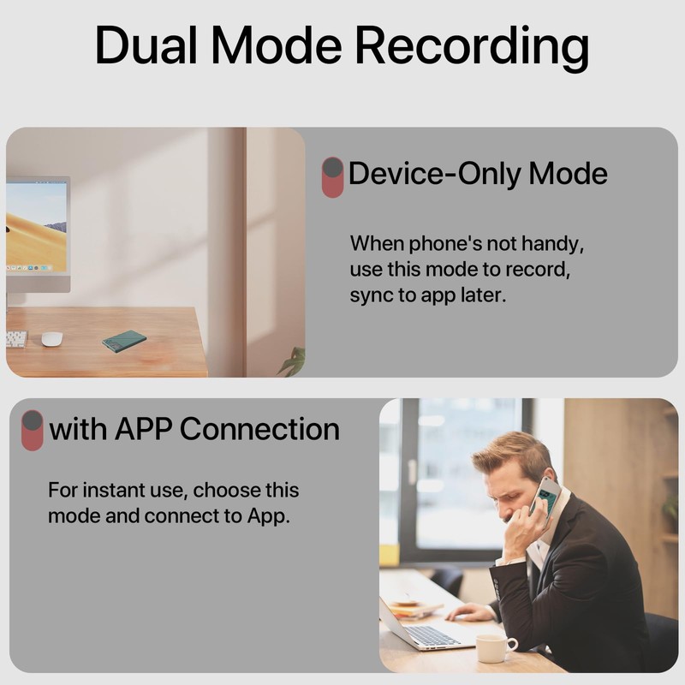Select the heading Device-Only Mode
tap(478, 174)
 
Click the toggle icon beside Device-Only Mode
tap(332, 177)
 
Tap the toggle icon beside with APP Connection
tap(32, 430)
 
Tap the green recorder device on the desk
tap(124, 341)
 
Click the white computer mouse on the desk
tap(52, 338)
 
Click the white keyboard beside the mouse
tap(15, 339)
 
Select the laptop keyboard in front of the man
tap(433, 634)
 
